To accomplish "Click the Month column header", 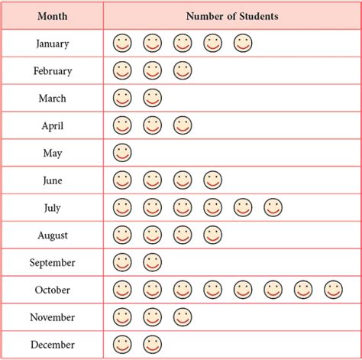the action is [52, 15].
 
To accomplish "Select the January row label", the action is [52, 44].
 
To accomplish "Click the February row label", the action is [52, 71].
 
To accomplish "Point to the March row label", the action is [52, 99].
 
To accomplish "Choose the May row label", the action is [52, 153].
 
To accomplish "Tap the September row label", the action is [52, 263].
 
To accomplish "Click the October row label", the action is [52, 290].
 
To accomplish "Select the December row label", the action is [52, 345].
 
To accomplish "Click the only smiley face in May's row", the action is [122, 152].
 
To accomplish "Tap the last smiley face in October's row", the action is [332, 290].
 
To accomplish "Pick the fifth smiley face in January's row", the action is [243, 44].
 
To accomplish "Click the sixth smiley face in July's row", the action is [273, 207].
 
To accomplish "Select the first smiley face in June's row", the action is [122, 180].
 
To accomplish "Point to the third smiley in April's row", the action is [182, 125].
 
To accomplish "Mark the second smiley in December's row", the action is [152, 344].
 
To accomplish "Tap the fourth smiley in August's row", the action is [212, 235].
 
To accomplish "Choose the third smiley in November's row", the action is [182, 316].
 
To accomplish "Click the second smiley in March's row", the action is [152, 98].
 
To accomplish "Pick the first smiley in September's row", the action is [122, 262].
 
